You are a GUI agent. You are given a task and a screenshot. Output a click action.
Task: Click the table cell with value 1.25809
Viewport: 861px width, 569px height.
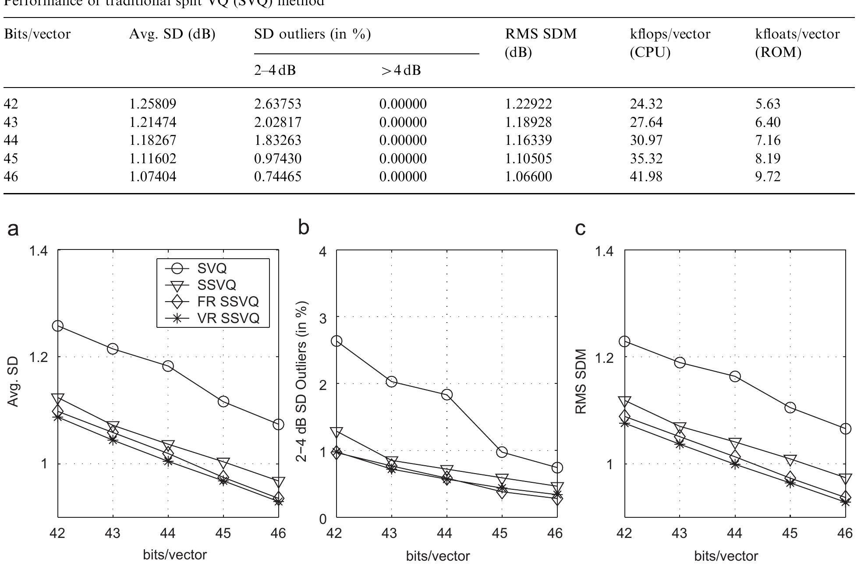152,104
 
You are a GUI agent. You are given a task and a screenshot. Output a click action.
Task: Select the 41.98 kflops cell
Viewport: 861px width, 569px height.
646,176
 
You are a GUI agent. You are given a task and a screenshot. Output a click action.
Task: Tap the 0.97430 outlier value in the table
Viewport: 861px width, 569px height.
277,158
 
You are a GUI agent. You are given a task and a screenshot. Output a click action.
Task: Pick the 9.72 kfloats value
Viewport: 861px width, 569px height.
768,176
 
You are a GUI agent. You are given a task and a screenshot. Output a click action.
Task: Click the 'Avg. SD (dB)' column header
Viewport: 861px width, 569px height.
172,34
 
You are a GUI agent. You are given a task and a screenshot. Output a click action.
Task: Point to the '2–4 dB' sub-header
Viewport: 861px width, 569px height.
275,70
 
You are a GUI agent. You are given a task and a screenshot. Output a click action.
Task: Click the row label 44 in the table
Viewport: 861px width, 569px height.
11,140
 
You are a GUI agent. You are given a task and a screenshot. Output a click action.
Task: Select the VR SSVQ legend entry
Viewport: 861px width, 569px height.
228,318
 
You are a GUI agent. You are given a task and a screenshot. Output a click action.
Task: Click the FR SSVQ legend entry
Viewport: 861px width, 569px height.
227,302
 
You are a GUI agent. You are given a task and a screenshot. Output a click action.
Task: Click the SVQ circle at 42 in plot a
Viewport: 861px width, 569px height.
58,326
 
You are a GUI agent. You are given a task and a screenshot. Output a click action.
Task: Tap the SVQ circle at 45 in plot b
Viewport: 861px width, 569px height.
502,452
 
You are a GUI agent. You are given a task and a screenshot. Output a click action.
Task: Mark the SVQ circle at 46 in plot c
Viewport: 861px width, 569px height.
846,429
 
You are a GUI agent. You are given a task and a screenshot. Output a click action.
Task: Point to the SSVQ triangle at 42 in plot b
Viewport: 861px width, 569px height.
337,432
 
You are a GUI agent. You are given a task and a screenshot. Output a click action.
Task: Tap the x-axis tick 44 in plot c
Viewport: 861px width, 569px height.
734,533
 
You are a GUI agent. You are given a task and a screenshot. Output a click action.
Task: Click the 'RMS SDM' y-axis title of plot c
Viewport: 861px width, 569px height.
581,381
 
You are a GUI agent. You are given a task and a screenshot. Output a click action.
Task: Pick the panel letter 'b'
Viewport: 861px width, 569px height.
303,228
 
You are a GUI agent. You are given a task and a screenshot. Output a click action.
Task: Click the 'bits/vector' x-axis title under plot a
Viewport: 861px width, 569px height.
175,555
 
